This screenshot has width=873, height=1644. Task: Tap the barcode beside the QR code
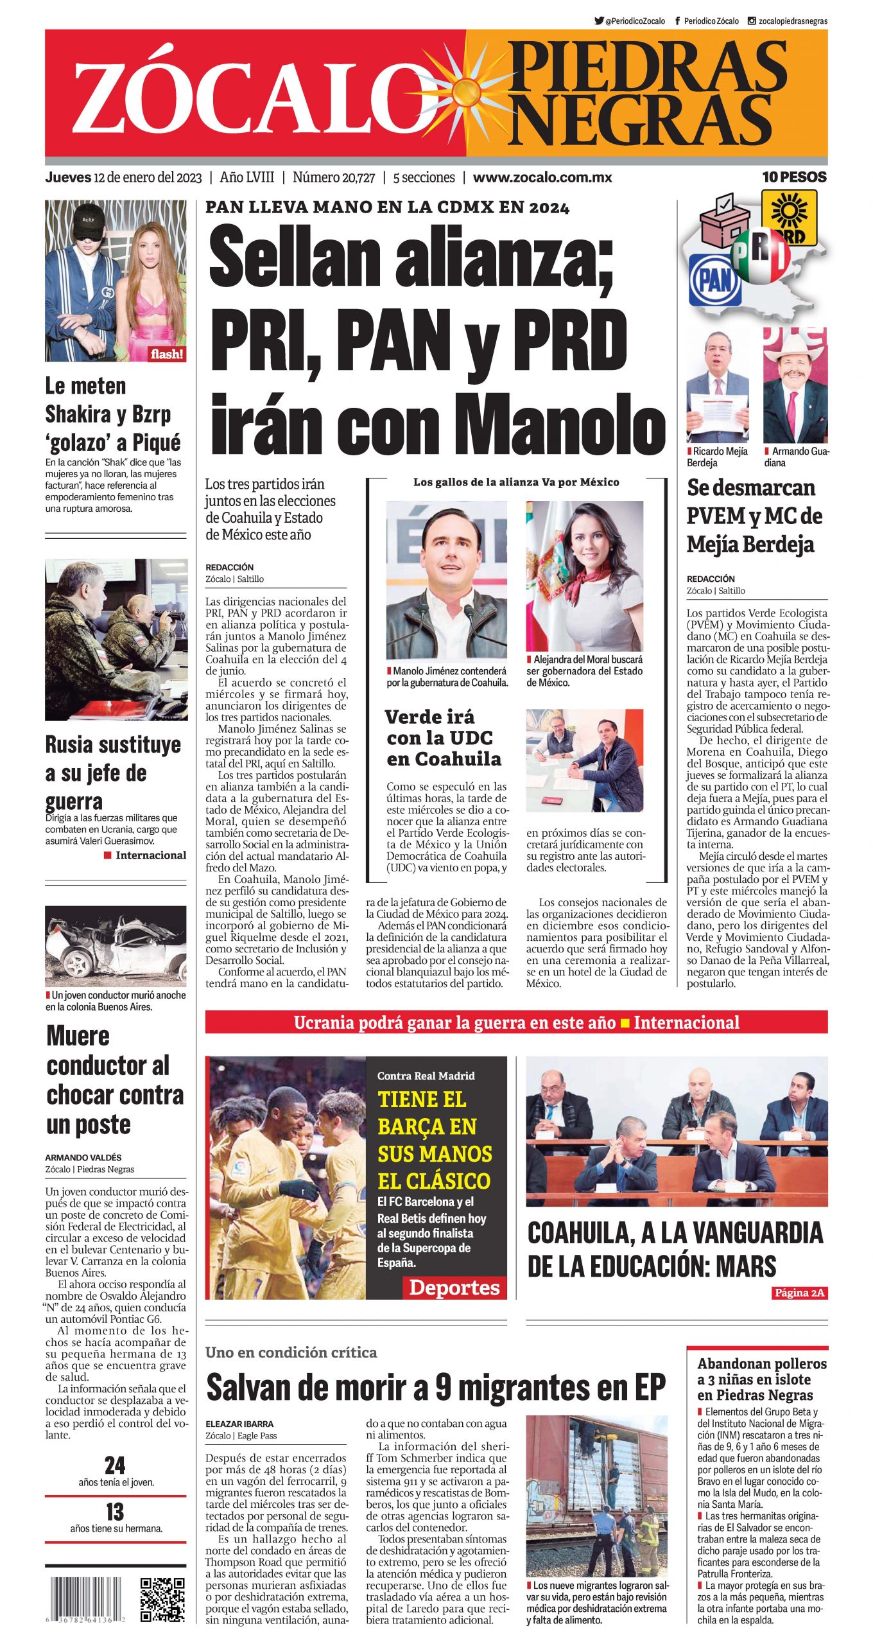pos(85,1600)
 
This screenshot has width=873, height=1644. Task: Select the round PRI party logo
pos(761,256)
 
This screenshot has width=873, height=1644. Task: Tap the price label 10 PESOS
pos(794,177)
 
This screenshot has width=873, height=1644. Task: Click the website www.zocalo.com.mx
pos(542,178)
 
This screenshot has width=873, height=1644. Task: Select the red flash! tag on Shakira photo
pos(167,354)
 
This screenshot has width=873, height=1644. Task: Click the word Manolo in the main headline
pos(564,426)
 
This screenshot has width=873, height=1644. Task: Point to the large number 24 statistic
pos(115,1465)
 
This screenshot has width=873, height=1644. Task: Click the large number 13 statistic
pos(115,1512)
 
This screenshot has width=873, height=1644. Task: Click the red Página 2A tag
pos(799,1293)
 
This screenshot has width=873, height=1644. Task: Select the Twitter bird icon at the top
pos(599,21)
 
